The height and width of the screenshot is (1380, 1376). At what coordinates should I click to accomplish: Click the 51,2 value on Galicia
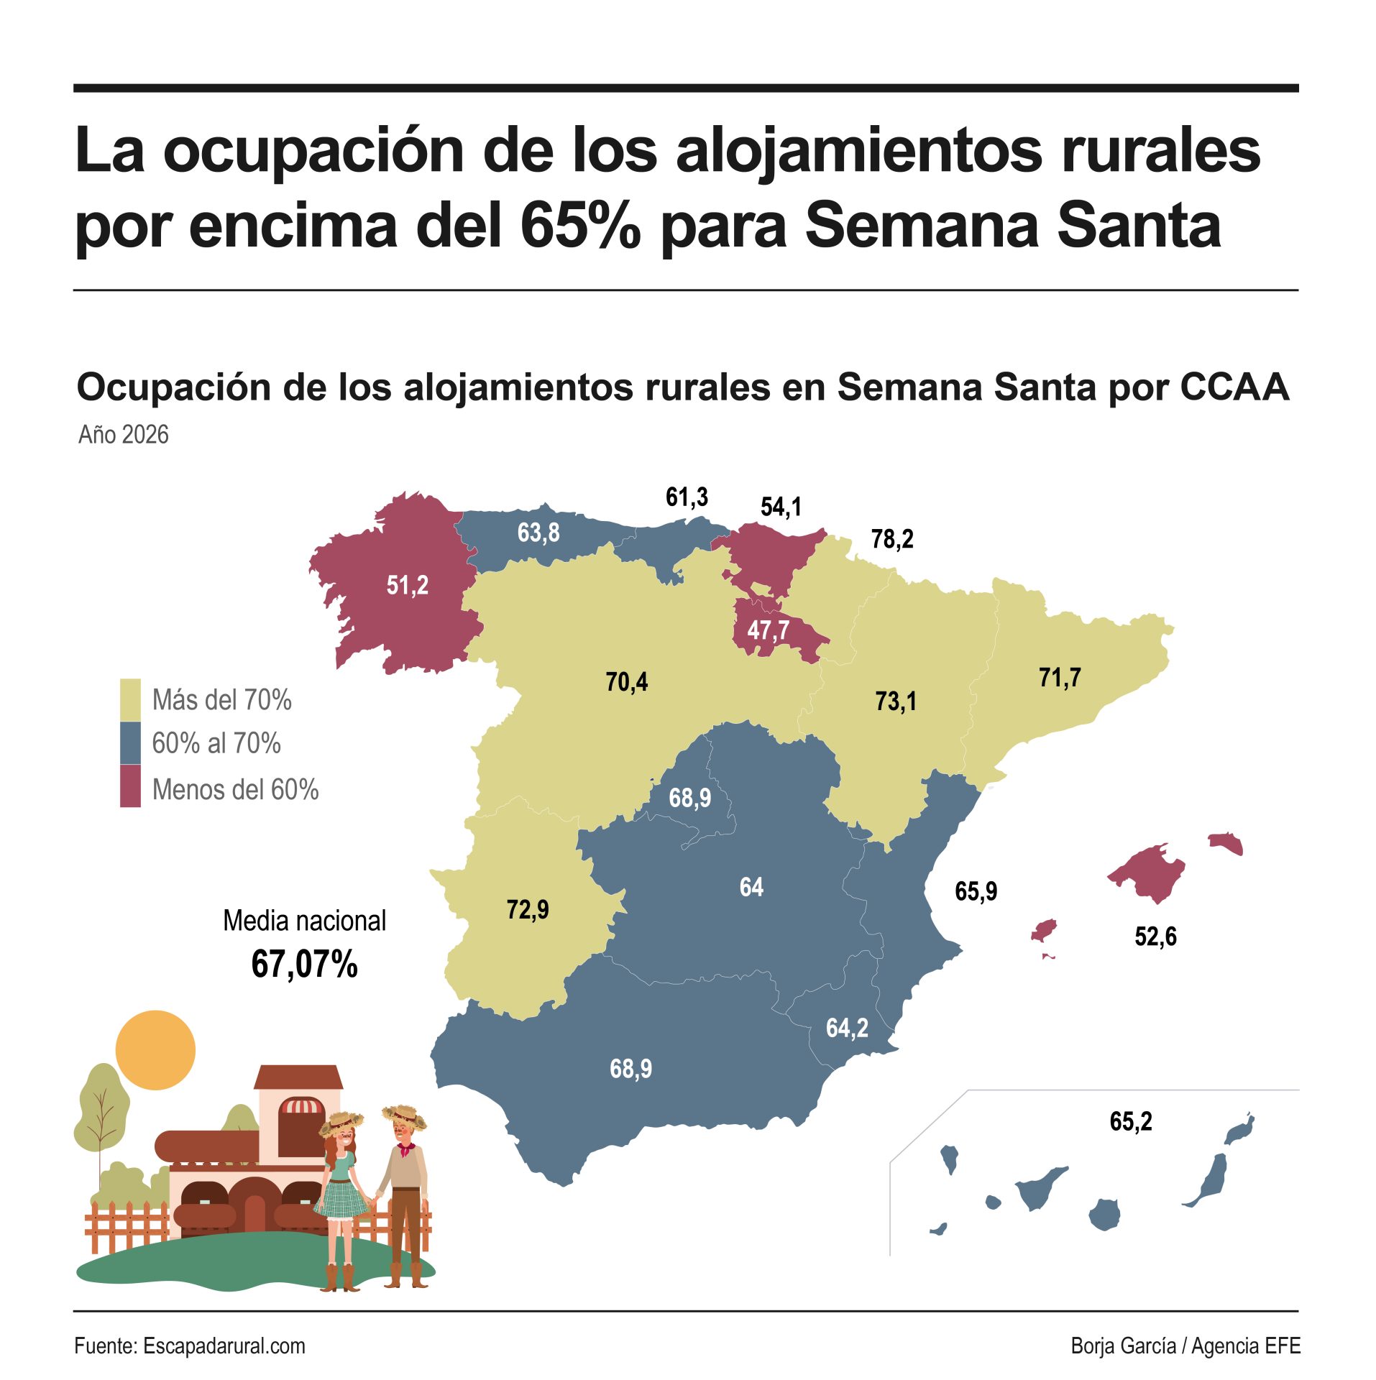click(x=407, y=585)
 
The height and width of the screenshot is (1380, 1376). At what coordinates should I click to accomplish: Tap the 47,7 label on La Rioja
click(x=768, y=630)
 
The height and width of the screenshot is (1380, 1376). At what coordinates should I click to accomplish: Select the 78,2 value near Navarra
click(x=891, y=538)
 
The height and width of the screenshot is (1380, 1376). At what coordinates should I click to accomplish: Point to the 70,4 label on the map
click(x=626, y=681)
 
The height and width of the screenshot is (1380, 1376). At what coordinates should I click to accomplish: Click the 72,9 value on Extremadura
click(x=527, y=909)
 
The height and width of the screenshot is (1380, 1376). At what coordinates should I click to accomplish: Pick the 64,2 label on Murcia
click(x=846, y=1028)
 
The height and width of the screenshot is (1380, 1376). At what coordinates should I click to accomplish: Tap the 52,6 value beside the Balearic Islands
click(x=1155, y=937)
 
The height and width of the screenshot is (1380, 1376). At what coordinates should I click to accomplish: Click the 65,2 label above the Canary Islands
click(x=1130, y=1121)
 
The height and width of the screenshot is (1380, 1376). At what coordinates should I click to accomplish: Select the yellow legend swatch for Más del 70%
click(x=130, y=699)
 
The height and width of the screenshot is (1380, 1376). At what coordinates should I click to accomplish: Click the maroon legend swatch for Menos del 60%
click(x=130, y=786)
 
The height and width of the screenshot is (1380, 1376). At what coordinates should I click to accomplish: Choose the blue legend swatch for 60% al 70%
click(x=130, y=743)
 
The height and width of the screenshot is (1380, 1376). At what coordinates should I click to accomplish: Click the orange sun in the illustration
click(x=155, y=1050)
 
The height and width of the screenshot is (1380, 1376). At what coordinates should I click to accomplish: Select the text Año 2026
click(x=123, y=435)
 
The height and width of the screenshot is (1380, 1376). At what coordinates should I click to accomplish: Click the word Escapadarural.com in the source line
click(x=224, y=1346)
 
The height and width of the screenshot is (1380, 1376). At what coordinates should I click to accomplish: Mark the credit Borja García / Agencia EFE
click(x=1185, y=1346)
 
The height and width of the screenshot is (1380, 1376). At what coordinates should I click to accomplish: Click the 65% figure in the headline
click(x=579, y=226)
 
